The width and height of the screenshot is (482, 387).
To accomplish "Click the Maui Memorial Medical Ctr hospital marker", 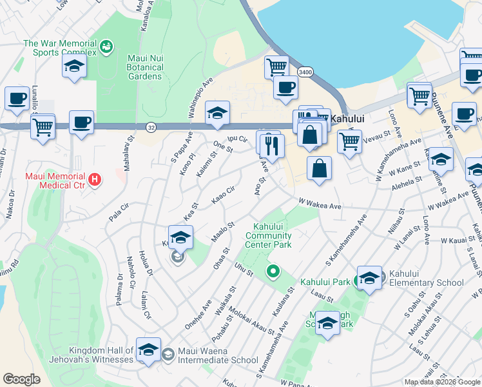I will coord(95,179).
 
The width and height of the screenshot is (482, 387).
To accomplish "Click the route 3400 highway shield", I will coord(305,72).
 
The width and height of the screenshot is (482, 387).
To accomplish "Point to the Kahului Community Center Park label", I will coord(268,235).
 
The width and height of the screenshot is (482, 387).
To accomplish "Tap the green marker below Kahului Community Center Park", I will coord(273,272).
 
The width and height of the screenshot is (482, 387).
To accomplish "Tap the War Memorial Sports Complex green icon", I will coord(106,46).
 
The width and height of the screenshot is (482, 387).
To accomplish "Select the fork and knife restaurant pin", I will coord(272,145).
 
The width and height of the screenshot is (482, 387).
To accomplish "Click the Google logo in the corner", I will coord(21,379).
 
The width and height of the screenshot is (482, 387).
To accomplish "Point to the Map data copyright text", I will coord(442,382).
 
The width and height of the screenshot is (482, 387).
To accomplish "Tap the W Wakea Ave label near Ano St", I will coord(320,205).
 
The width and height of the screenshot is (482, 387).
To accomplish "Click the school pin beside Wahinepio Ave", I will coord(218,113).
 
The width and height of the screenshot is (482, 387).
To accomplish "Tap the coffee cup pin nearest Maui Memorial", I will coord(82,123).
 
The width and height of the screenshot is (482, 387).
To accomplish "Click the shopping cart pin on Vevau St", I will coord(349,141).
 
